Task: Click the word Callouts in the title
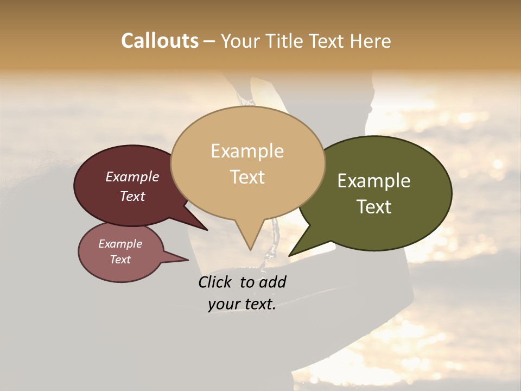pos(160,41)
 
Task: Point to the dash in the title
pos(209,41)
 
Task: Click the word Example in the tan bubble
pos(247,151)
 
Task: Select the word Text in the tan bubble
pos(247,177)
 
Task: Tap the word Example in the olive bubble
pos(374,181)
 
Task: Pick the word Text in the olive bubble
pos(374,207)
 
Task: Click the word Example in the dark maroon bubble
pos(132,176)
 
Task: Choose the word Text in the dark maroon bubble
pos(132,196)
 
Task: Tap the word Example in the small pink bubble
pos(120,244)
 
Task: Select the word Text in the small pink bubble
pos(120,260)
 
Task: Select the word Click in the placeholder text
pos(217,282)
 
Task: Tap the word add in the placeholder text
pos(272,282)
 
